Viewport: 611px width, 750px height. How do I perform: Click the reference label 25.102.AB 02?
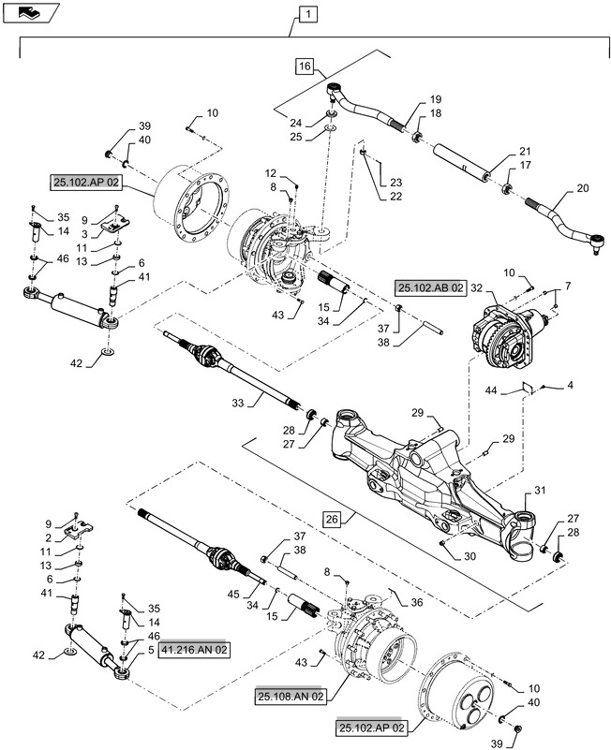(430, 288)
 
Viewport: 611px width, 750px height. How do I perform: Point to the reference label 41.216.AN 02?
(192, 649)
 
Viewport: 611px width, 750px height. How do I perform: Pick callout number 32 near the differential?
(475, 288)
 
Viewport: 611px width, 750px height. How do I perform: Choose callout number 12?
(270, 174)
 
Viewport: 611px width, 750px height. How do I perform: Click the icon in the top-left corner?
(32, 12)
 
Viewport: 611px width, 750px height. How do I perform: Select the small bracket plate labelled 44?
(527, 386)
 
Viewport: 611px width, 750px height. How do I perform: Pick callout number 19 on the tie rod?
(436, 99)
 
